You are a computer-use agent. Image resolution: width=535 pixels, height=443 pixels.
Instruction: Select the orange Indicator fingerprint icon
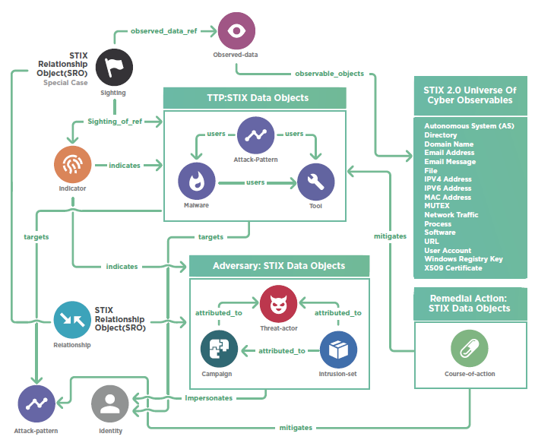click(x=72, y=164)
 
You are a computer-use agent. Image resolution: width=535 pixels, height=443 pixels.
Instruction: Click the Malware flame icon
click(x=196, y=182)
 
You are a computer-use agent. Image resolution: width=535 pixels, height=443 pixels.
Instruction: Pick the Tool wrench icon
click(x=315, y=182)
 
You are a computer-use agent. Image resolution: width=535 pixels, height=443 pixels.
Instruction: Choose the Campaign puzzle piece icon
click(x=219, y=350)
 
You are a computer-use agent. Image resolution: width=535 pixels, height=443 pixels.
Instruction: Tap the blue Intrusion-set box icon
click(x=338, y=350)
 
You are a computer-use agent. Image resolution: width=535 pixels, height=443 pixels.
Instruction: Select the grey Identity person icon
click(x=110, y=403)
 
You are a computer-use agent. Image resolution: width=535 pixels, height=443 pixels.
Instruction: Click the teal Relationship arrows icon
click(x=72, y=319)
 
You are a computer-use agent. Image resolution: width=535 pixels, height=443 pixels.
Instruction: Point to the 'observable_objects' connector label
click(x=329, y=74)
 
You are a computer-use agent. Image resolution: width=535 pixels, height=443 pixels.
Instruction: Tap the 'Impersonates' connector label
click(x=209, y=397)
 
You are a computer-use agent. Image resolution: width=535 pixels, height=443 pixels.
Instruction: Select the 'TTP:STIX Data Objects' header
click(x=254, y=98)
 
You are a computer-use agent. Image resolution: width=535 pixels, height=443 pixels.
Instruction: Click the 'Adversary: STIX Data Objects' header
click(x=278, y=266)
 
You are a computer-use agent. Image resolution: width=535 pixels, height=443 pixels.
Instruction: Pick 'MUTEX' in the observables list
click(x=437, y=206)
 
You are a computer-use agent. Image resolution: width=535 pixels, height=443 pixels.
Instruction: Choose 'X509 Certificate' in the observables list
click(x=453, y=268)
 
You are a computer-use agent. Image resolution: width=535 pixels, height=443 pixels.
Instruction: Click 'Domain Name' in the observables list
click(x=448, y=144)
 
